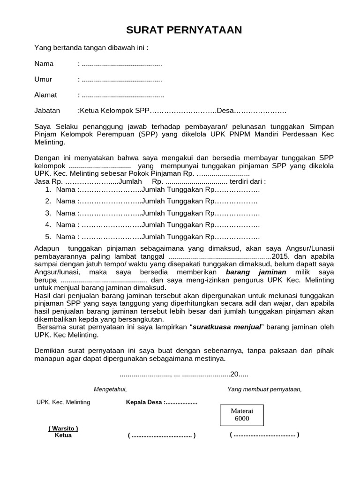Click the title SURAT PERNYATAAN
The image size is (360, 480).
tap(184, 30)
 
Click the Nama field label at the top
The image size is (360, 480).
tap(44, 64)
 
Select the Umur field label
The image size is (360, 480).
tap(43, 79)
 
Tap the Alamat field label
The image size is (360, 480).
tap(45, 95)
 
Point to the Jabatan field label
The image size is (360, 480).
tap(47, 111)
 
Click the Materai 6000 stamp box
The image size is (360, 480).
tap(242, 414)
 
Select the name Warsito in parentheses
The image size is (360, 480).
tap(63, 428)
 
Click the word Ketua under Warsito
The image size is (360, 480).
tap(63, 435)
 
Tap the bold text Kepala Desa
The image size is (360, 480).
tap(144, 402)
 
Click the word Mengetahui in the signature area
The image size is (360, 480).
tap(110, 389)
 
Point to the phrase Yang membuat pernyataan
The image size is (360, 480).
tap(264, 389)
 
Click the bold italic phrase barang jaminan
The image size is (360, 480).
tap(256, 272)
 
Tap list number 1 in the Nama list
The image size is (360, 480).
tap(48, 190)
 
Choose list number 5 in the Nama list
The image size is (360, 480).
tap(48, 237)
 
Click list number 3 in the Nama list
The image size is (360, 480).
tap(48, 213)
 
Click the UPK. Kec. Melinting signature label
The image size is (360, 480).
tap(63, 402)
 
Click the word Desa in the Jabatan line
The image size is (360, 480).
tap(225, 111)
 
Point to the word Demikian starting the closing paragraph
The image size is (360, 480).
tap(50, 351)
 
